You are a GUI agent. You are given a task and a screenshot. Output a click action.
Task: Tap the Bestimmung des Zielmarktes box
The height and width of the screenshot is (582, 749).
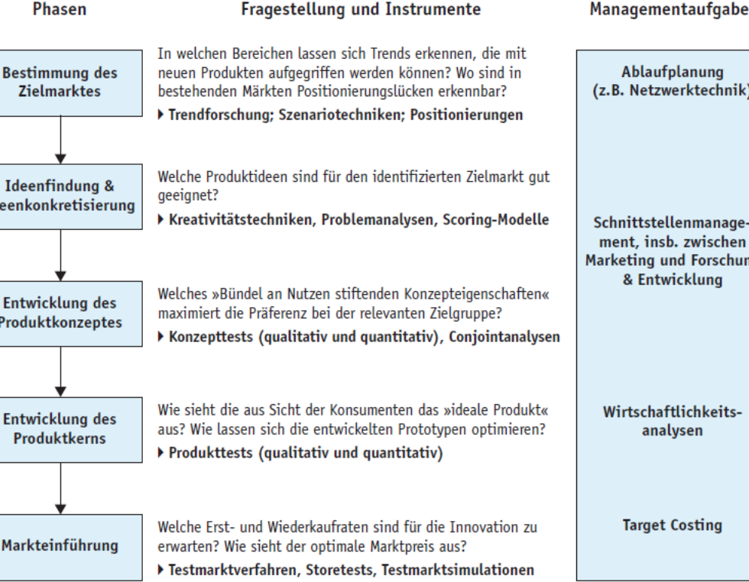click(x=60, y=82)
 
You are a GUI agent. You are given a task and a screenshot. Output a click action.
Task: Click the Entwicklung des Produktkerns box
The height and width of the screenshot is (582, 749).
click(x=60, y=428)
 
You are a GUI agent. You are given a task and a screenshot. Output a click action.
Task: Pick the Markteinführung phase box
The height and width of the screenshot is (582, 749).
click(x=60, y=545)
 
